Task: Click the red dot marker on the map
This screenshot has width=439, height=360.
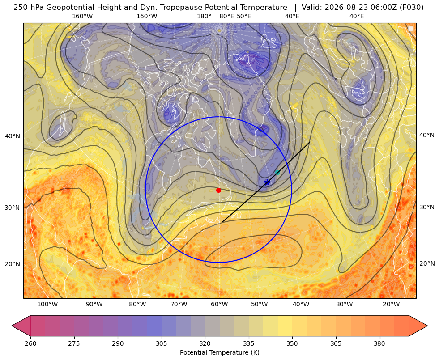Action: pyautogui.click(x=219, y=190)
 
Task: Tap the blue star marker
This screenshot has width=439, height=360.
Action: pyautogui.click(x=267, y=182)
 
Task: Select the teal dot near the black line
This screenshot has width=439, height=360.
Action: pyautogui.click(x=277, y=172)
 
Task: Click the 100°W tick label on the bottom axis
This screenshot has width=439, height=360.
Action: pyautogui.click(x=47, y=304)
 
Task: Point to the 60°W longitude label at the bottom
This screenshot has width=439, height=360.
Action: pyautogui.click(x=219, y=304)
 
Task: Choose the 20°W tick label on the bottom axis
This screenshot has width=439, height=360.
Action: pyautogui.click(x=391, y=304)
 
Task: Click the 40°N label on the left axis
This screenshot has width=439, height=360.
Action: pyautogui.click(x=13, y=136)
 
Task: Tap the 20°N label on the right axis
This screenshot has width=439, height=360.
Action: pyautogui.click(x=427, y=263)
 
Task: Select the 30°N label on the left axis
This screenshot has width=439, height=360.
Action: pyautogui.click(x=13, y=208)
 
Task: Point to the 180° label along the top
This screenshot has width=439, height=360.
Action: pyautogui.click(x=204, y=16)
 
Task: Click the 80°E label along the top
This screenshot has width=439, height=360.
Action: pyautogui.click(x=226, y=16)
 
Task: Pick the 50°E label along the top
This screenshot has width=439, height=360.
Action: pyautogui.click(x=244, y=16)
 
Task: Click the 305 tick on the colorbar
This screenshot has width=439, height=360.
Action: pyautogui.click(x=162, y=343)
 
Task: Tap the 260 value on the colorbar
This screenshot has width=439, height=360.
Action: pyautogui.click(x=30, y=343)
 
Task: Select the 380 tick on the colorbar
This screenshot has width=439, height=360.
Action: pyautogui.click(x=379, y=343)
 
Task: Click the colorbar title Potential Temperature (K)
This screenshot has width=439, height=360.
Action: pyautogui.click(x=219, y=352)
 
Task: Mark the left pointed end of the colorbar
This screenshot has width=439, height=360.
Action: pyautogui.click(x=12, y=326)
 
